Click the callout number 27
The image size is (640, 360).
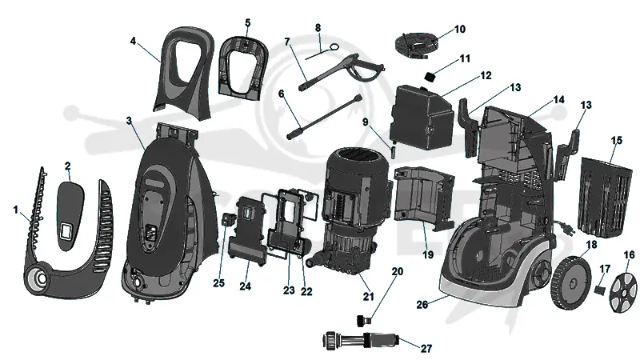tap(426, 348)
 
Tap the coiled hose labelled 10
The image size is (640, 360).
tap(415, 45)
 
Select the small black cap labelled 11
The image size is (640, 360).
tap(430, 76)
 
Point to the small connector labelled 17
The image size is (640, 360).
tap(599, 290)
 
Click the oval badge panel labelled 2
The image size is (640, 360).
tap(70, 215)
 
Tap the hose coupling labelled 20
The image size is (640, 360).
tap(364, 319)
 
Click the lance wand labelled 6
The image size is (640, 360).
tap(325, 117)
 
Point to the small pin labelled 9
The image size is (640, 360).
tap(394, 151)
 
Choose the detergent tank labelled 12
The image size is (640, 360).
tap(422, 117)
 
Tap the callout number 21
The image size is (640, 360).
tap(368, 296)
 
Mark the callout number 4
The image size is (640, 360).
tap(133, 42)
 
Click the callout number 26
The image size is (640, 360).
tap(422, 305)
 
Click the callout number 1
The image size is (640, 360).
tap(16, 210)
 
